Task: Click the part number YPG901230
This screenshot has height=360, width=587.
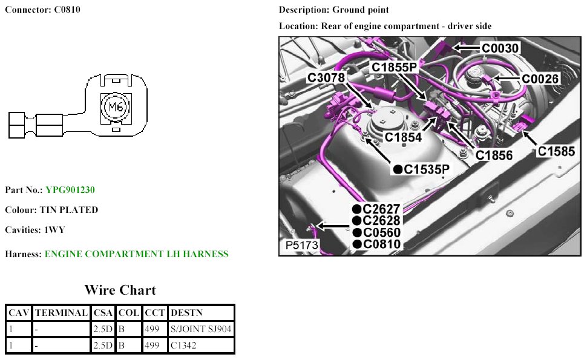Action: (70, 190)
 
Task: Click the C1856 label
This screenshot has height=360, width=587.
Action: (494, 155)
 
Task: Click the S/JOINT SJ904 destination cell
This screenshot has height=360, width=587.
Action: (201, 329)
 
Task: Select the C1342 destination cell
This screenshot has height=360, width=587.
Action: (183, 345)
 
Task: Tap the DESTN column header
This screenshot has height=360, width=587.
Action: (186, 313)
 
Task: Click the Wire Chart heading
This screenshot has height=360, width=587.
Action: (120, 290)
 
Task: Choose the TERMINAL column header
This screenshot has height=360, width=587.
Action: (61, 313)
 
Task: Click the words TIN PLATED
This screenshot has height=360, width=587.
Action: (69, 210)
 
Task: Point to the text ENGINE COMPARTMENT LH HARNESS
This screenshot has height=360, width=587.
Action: (136, 254)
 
